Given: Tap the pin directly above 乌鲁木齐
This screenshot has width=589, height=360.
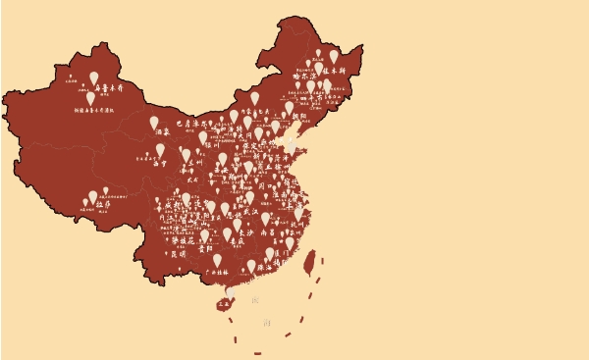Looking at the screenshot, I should click(x=94, y=77).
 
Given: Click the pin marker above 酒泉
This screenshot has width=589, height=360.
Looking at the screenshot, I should click(x=154, y=123).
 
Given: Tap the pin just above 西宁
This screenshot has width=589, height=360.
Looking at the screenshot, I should click(x=160, y=150).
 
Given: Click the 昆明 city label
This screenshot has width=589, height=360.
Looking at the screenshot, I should click(x=178, y=253).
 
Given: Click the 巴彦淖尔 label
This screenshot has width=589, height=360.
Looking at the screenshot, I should click(x=194, y=125).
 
